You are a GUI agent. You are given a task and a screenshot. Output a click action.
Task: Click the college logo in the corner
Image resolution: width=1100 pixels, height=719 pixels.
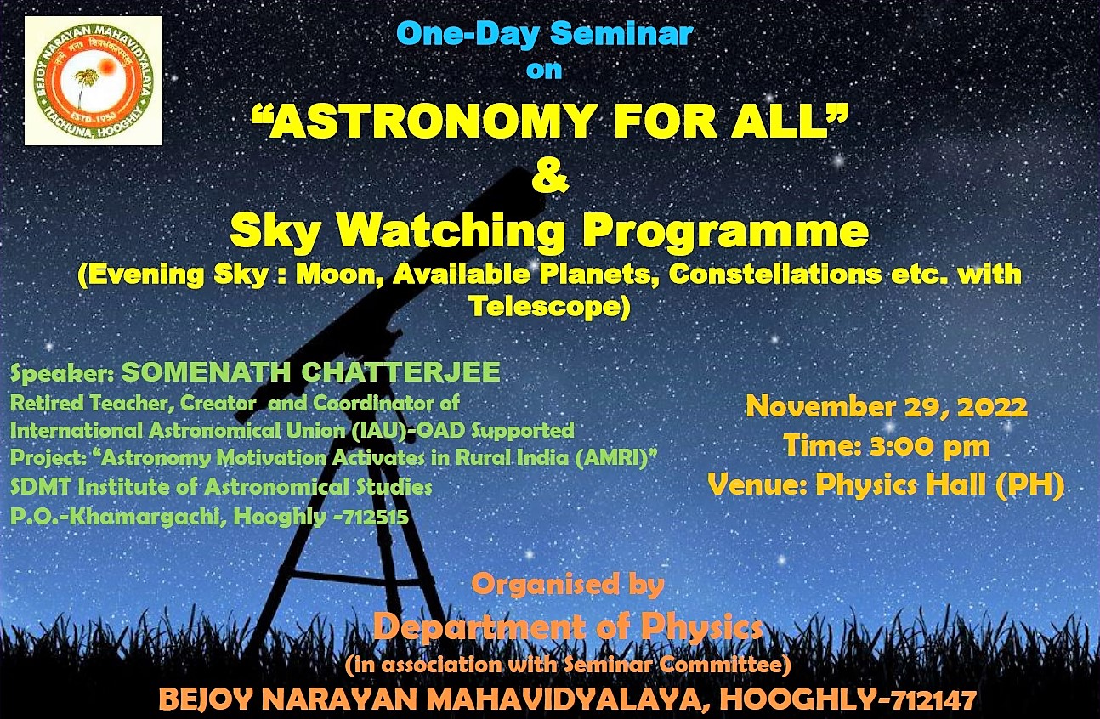click(94, 81)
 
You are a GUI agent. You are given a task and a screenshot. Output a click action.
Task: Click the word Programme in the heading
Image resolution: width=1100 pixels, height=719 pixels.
click(726, 233)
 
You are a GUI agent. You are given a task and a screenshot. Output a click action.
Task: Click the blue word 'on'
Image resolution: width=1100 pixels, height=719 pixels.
click(543, 71)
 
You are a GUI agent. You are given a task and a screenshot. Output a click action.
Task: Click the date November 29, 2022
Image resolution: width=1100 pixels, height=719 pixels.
click(887, 408)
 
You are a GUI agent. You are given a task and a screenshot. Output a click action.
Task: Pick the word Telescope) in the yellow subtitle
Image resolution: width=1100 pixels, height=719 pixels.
click(549, 307)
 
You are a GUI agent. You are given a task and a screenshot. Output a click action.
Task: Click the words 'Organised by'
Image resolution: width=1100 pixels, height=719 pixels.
click(568, 585)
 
